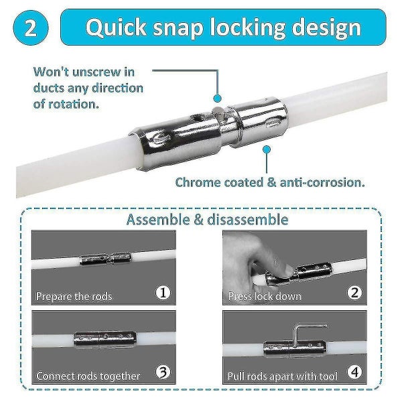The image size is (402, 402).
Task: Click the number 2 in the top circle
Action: click(31, 28)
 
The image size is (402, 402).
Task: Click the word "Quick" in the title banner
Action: click(116, 27)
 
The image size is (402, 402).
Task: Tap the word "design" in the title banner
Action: click(327, 28)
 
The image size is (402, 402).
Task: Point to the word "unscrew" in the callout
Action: click(96, 72)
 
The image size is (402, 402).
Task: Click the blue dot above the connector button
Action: click(217, 98)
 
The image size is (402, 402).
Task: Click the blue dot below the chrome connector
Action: click(267, 149)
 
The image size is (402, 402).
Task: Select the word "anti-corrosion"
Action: click(322, 182)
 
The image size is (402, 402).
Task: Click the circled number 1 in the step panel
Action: click(163, 293)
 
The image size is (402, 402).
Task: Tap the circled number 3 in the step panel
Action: click(163, 372)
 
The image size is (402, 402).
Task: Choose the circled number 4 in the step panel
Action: click(354, 372)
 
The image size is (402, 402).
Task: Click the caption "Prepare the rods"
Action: click(74, 296)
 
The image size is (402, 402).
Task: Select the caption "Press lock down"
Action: click(265, 296)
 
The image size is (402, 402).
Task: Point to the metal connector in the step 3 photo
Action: click(105, 339)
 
